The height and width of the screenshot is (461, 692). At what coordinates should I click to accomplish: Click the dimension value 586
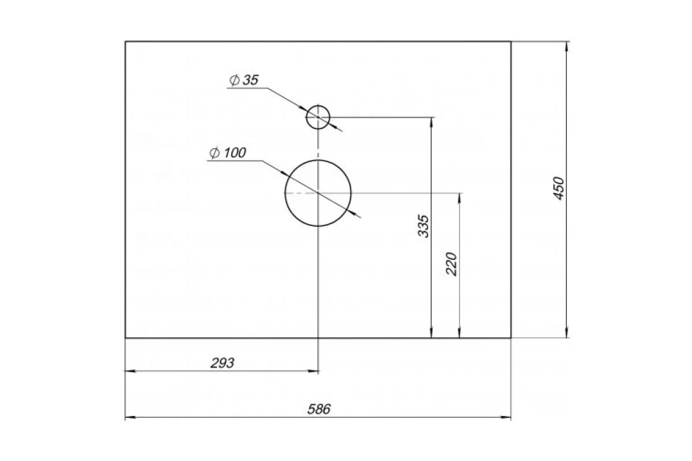pos(319,410)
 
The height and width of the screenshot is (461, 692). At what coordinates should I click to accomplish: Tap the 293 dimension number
pos(222,363)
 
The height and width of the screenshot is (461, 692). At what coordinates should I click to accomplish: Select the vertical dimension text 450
pos(559,188)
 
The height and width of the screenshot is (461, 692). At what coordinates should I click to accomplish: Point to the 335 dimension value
pos(423,226)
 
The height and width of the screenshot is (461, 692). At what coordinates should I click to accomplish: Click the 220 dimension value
pos(452,264)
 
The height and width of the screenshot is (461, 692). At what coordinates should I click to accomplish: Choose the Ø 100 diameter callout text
pos(228,153)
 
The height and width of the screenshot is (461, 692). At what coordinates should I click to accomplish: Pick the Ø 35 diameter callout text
pos(244,80)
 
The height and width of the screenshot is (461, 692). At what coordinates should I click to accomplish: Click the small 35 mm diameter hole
pos(318,105)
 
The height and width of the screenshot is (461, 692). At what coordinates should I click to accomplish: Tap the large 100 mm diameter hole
pos(318,160)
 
